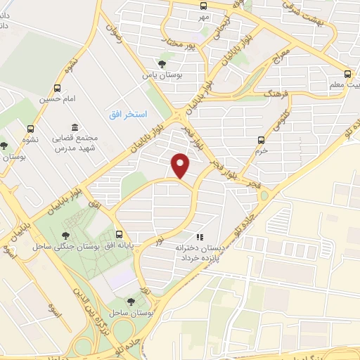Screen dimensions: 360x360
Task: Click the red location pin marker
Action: click(x=181, y=165)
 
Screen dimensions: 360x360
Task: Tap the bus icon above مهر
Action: click(x=204, y=6)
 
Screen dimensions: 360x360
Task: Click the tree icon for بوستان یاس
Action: click(x=163, y=63)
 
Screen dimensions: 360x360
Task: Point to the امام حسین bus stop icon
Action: click(x=56, y=89)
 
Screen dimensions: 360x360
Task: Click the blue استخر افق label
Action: click(x=127, y=114)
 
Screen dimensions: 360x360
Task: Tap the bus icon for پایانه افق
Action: click(x=118, y=235)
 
